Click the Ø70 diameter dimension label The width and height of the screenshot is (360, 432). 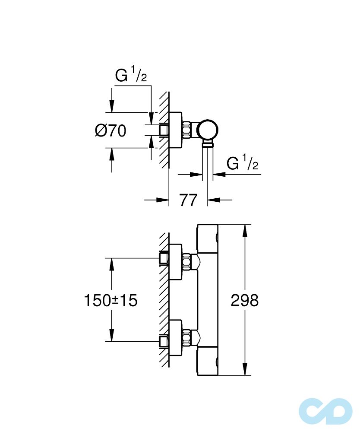coord(111,130)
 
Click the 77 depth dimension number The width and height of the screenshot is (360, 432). coord(188,200)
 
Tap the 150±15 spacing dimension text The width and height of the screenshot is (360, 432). coord(111,300)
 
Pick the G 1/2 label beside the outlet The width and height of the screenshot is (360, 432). coord(243,163)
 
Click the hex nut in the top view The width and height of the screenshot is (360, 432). coord(187,130)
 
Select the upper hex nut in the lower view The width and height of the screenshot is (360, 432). coord(187,262)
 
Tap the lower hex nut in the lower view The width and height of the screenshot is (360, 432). coord(187,337)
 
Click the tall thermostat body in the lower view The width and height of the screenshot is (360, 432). coord(208,300)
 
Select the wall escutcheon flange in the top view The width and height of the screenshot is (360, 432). coord(175,130)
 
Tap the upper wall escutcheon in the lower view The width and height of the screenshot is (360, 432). coord(175,262)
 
